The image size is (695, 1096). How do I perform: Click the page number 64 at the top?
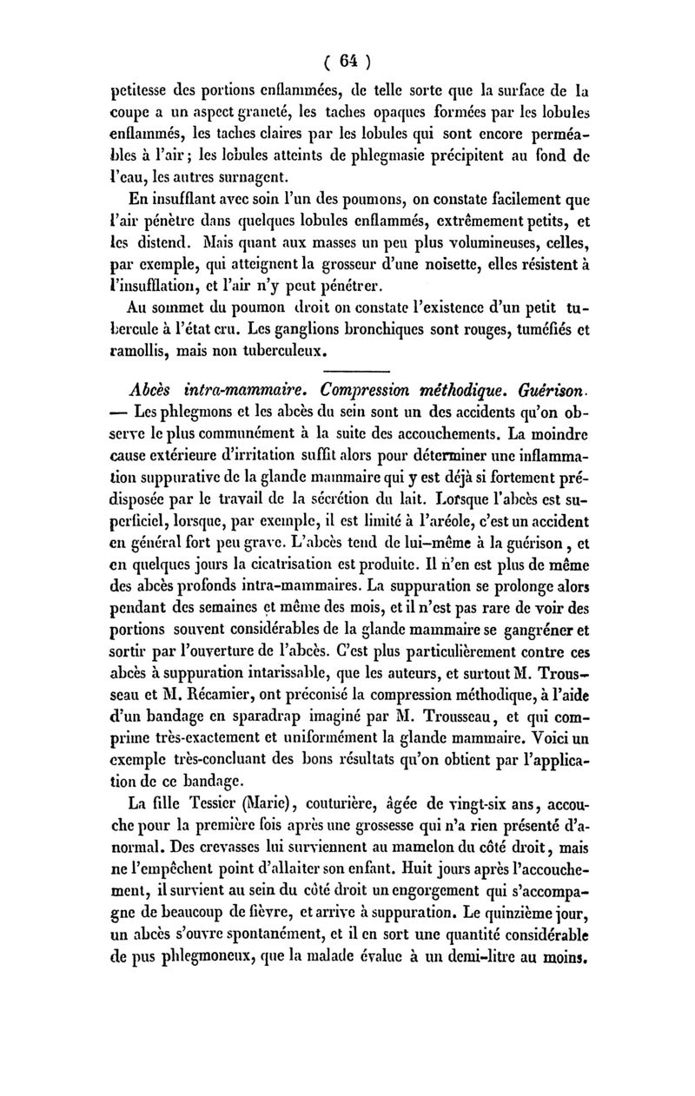point(348,61)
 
